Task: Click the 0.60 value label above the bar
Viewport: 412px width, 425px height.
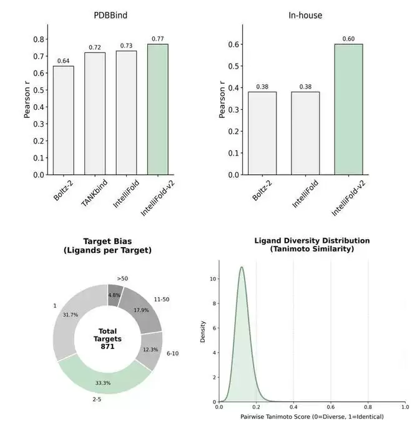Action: (348, 39)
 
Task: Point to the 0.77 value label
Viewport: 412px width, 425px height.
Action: (158, 39)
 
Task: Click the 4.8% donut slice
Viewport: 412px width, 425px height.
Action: (114, 295)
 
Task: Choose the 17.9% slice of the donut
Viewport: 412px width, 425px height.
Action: (140, 310)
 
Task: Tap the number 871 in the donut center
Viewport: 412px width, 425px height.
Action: (108, 346)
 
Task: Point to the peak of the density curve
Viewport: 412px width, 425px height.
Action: (241, 268)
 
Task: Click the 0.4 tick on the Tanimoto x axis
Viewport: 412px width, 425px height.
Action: (293, 408)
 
